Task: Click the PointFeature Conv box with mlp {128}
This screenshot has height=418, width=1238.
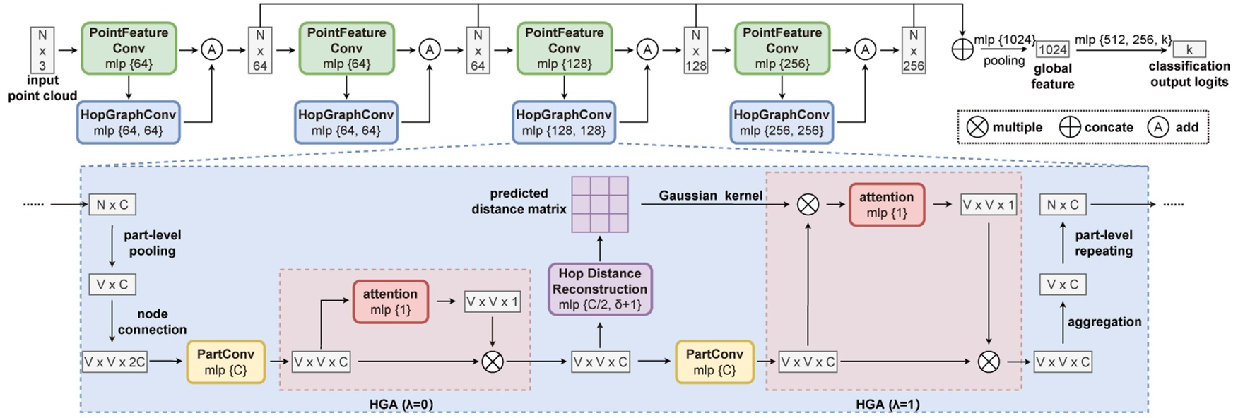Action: pos(564,48)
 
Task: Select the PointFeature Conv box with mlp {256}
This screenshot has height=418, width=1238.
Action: pos(782,48)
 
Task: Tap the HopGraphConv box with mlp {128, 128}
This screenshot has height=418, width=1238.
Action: pos(564,122)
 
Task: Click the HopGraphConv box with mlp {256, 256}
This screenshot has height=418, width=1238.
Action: pos(782,122)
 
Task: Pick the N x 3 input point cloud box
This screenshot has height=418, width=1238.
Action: pos(42,49)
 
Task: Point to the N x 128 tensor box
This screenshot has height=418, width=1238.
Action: pos(695,49)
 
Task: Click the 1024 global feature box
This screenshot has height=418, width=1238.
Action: pos(1052,49)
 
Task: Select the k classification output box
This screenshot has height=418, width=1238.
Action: pos(1189,49)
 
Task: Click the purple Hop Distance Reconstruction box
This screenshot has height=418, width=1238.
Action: pos(600,289)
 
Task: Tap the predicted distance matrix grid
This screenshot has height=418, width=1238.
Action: pos(600,204)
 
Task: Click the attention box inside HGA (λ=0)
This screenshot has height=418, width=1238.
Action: pos(390,301)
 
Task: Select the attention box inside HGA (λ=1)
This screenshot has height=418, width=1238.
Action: pos(886,205)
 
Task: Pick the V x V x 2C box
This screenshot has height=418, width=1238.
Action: pos(114,362)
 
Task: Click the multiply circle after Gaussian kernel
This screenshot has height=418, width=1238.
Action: pos(808,205)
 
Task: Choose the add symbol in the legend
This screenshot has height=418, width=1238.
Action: pos(1157,127)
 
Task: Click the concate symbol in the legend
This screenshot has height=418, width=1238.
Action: pos(1070,127)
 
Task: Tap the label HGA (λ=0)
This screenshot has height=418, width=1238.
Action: pos(401,404)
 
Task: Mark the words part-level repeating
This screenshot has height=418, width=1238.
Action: pos(1103,243)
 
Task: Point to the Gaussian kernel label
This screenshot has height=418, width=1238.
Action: pos(709,196)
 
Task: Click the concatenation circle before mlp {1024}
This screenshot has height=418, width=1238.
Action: pos(962,49)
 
